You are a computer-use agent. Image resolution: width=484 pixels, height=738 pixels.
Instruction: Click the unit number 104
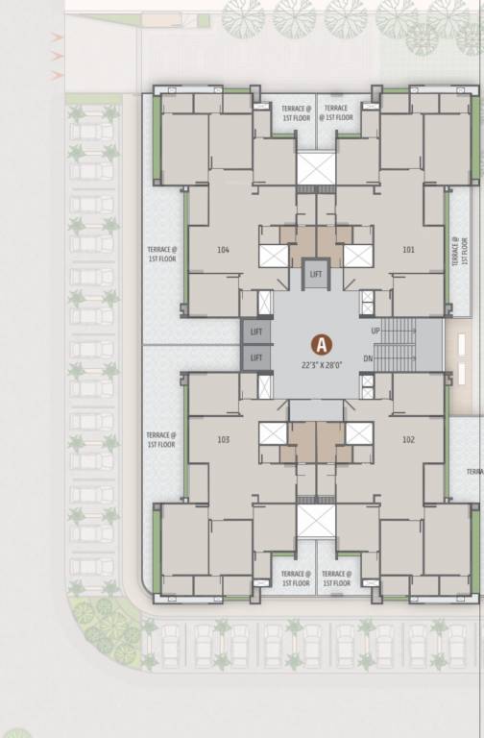(x=224, y=250)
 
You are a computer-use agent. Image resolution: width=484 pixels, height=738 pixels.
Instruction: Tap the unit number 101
(x=408, y=250)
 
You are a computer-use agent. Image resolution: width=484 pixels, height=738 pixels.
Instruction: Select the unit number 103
(x=224, y=439)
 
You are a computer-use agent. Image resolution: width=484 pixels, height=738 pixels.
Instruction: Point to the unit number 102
(x=408, y=439)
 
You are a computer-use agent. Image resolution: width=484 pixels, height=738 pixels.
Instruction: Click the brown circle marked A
(x=322, y=343)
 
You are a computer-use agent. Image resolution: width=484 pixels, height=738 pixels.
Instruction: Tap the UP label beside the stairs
(x=375, y=331)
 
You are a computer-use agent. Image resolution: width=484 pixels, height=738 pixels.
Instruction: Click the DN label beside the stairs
(x=367, y=358)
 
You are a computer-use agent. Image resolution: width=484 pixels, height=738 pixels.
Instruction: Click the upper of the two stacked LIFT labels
(x=255, y=332)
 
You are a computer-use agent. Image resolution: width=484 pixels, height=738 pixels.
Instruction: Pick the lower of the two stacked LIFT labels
(x=255, y=357)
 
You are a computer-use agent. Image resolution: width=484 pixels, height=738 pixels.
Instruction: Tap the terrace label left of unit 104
(x=161, y=254)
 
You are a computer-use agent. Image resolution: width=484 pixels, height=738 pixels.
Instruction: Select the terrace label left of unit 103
(x=161, y=440)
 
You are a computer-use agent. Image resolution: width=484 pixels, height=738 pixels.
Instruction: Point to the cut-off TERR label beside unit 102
(x=474, y=472)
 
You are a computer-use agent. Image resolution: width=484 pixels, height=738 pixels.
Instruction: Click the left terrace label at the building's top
(x=297, y=113)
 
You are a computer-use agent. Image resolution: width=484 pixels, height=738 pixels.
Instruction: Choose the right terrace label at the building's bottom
(x=336, y=578)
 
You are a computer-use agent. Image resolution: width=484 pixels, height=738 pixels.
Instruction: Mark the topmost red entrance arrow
(x=57, y=37)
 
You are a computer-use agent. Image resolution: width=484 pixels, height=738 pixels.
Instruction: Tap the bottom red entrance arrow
(x=57, y=72)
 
